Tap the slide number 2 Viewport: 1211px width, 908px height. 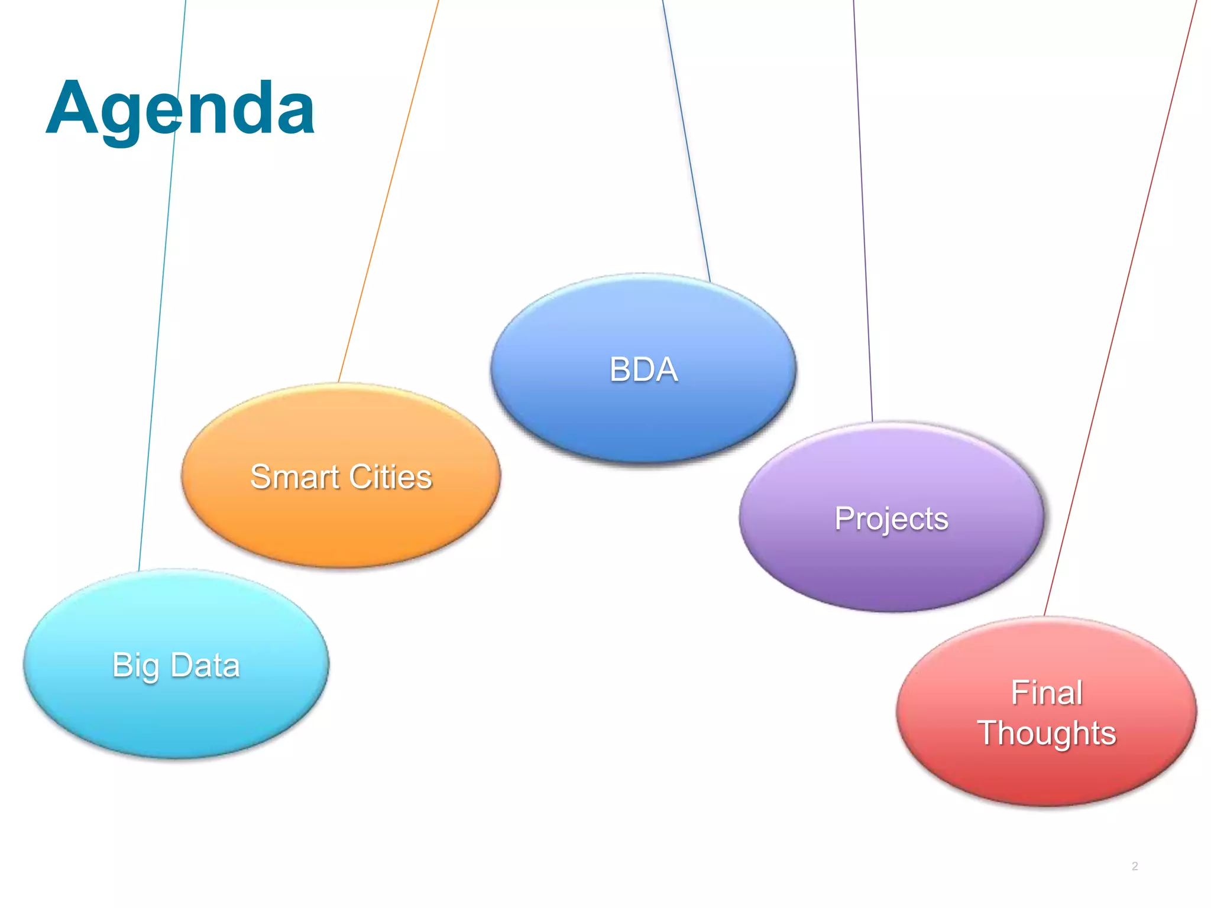(x=1135, y=866)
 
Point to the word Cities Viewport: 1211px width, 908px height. (x=391, y=477)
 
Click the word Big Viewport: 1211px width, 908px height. (x=135, y=666)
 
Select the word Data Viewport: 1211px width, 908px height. (x=205, y=665)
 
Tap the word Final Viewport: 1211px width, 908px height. (x=1047, y=693)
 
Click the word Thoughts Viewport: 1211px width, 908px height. (x=1047, y=734)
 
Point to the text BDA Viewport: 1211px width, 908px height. (x=643, y=369)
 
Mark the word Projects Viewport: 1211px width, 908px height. (x=891, y=520)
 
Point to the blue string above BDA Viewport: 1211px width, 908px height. (x=686, y=142)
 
